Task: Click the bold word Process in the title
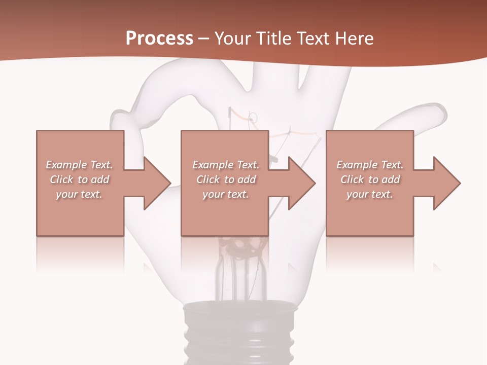click(159, 38)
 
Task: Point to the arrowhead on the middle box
click(299, 182)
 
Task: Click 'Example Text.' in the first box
click(80, 165)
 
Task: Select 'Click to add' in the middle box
click(226, 179)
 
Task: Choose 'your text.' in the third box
click(370, 194)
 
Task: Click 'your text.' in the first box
click(80, 194)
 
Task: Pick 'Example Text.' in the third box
click(370, 165)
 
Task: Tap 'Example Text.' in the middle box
click(226, 165)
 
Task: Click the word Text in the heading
click(313, 38)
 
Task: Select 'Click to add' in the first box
click(80, 179)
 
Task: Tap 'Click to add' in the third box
click(370, 179)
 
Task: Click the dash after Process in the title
click(204, 39)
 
